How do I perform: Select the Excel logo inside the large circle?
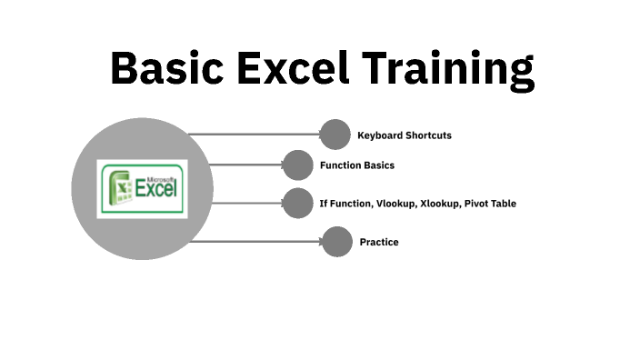coord(142,188)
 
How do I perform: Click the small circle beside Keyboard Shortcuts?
coord(335,135)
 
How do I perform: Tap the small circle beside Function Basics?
coord(297,165)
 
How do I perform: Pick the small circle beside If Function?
coord(297,203)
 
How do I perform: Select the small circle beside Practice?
coord(337,242)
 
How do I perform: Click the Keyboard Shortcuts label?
coord(404,135)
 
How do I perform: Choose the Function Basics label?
coord(356,165)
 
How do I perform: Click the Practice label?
coord(378,242)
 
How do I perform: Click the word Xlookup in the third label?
coord(439,204)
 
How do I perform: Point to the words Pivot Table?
coord(490,204)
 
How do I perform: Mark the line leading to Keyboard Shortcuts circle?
coord(255,135)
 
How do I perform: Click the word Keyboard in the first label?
coord(379,135)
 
